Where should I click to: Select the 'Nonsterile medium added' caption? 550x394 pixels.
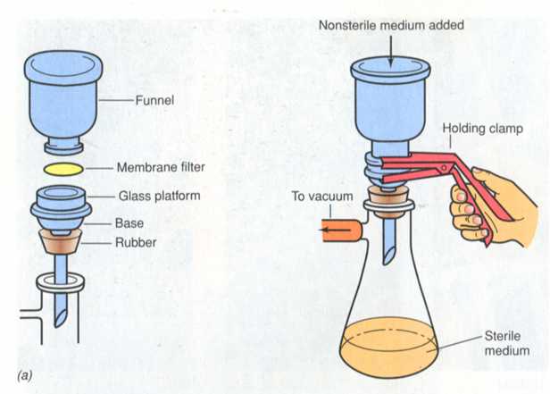[x=391, y=26]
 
